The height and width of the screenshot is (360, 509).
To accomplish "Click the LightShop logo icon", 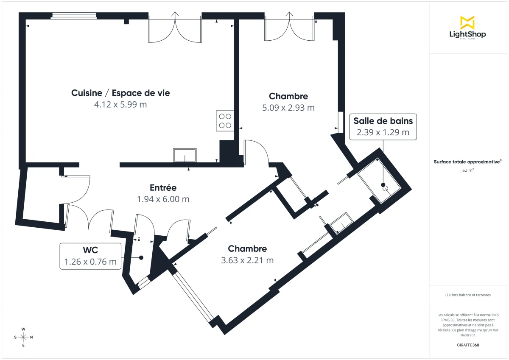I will pyautogui.click(x=467, y=22).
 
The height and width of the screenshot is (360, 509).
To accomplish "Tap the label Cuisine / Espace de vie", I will pyautogui.click(x=120, y=93).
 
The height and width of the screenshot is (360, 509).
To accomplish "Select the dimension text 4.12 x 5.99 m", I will pyautogui.click(x=120, y=104).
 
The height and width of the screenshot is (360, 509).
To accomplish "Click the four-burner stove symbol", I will pyautogui.click(x=225, y=120).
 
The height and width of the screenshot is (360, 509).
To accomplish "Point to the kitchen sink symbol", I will pyautogui.click(x=185, y=155).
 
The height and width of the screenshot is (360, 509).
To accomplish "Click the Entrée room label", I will pyautogui.click(x=163, y=187).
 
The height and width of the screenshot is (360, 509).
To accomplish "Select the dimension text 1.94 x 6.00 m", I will pyautogui.click(x=163, y=199).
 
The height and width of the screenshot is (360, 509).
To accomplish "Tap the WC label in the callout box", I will pyautogui.click(x=90, y=250).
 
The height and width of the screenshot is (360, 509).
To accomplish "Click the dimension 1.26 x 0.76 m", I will pyautogui.click(x=90, y=262).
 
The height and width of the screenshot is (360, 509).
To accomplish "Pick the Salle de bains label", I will pyautogui.click(x=383, y=121).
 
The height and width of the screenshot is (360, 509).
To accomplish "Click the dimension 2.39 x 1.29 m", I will pyautogui.click(x=383, y=132).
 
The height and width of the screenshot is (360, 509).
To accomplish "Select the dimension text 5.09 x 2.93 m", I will pyautogui.click(x=288, y=108).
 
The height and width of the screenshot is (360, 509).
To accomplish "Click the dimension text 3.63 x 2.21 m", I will pyautogui.click(x=247, y=260).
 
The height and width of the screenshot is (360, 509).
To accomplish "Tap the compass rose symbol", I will pyautogui.click(x=23, y=337).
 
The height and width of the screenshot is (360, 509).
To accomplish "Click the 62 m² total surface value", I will pyautogui.click(x=468, y=170).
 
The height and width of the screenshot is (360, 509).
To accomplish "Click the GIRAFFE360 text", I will pyautogui.click(x=468, y=345).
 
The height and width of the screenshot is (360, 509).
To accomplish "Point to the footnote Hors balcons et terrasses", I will pyautogui.click(x=468, y=295).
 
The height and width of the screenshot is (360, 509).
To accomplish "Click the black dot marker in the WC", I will pyautogui.click(x=141, y=257).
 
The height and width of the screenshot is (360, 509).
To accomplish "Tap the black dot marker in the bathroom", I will pyautogui.click(x=383, y=185).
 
